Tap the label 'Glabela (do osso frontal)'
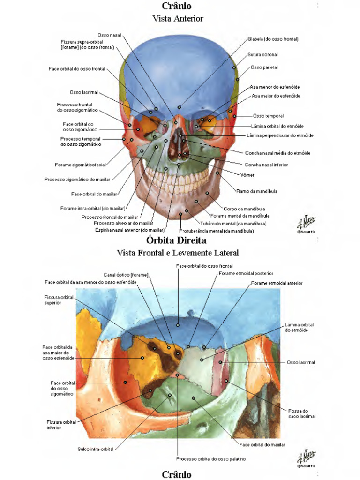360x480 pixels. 273,39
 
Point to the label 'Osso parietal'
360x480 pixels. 264,67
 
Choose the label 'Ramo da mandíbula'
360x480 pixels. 257,191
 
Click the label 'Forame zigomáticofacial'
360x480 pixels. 80,165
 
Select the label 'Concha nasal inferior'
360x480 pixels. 266,165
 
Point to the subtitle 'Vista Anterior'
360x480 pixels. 178,19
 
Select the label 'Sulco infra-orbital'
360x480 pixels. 96,449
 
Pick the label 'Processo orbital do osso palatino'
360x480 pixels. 211,459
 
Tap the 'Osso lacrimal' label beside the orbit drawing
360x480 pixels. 301,362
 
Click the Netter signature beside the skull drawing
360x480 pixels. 307,222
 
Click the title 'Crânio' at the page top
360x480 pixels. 177,6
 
